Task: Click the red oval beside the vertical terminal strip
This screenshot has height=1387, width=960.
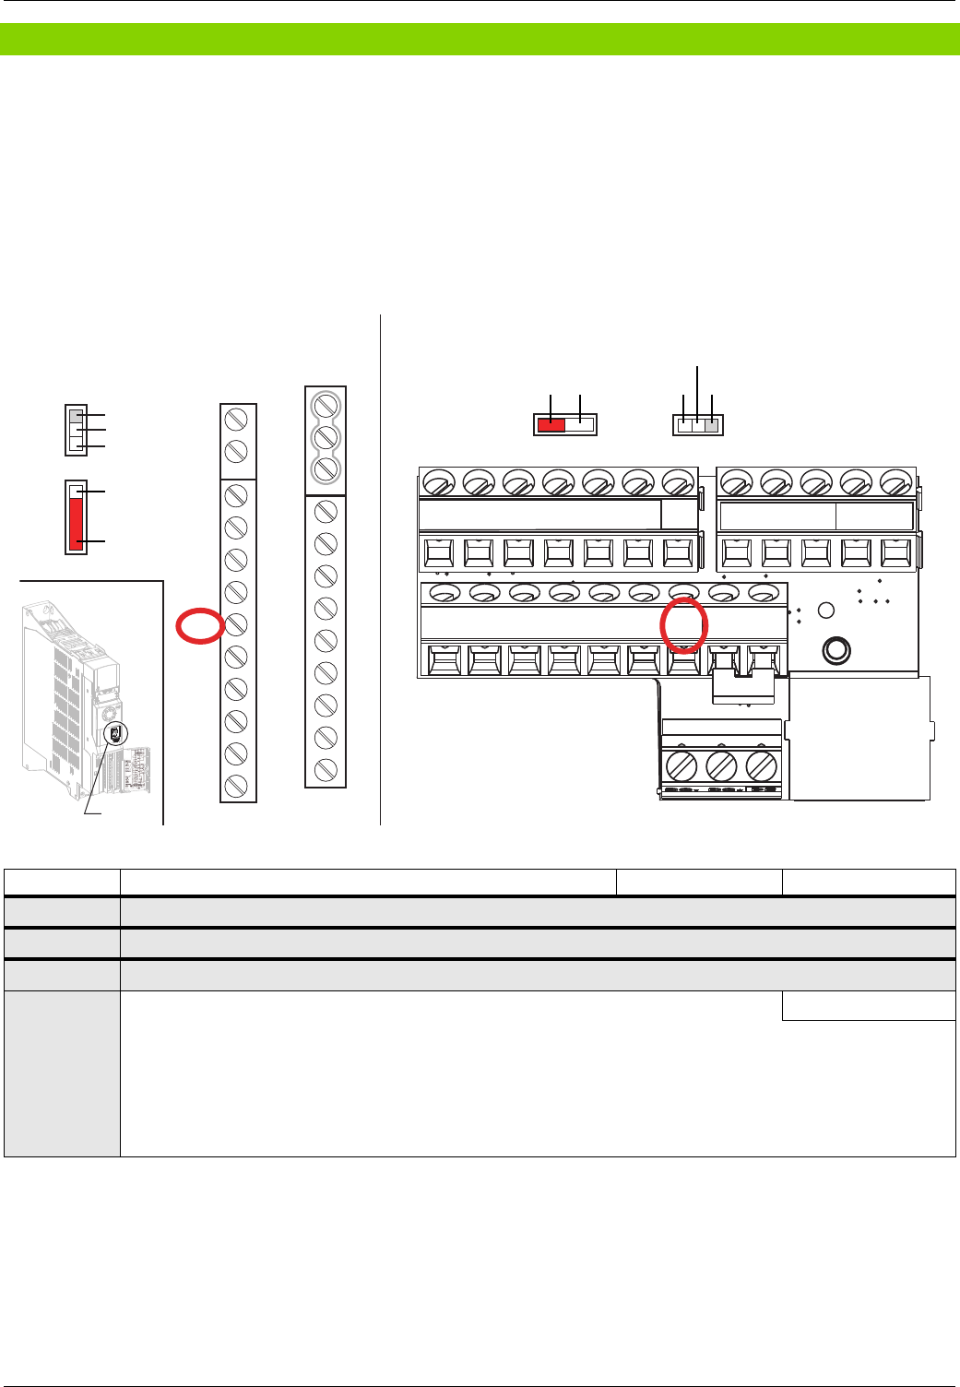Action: click(x=200, y=626)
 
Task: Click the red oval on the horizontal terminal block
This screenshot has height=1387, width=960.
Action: click(x=684, y=624)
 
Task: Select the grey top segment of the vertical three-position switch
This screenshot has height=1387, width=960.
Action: click(x=76, y=416)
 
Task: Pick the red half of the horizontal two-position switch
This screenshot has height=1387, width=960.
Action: click(x=551, y=424)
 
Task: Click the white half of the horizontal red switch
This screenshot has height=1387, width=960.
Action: click(x=580, y=424)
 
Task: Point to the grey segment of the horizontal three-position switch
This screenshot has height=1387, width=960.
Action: click(x=711, y=425)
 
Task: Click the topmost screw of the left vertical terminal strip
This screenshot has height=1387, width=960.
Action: click(x=236, y=420)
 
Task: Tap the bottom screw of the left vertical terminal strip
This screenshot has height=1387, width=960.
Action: click(x=236, y=785)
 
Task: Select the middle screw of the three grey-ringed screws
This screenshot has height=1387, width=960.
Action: click(x=326, y=436)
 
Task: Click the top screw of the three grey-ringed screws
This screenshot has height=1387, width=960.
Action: click(x=326, y=405)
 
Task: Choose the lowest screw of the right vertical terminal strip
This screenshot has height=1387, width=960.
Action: click(x=326, y=770)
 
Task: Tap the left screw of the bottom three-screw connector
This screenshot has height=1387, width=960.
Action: click(x=681, y=766)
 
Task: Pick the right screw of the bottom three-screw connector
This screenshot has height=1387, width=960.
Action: click(x=761, y=766)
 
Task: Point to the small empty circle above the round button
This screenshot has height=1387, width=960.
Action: click(x=826, y=611)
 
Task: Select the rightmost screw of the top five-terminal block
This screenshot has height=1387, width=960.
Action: click(x=895, y=482)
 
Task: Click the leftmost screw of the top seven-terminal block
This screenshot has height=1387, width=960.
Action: click(x=439, y=482)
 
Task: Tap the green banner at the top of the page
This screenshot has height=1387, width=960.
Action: click(x=480, y=40)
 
